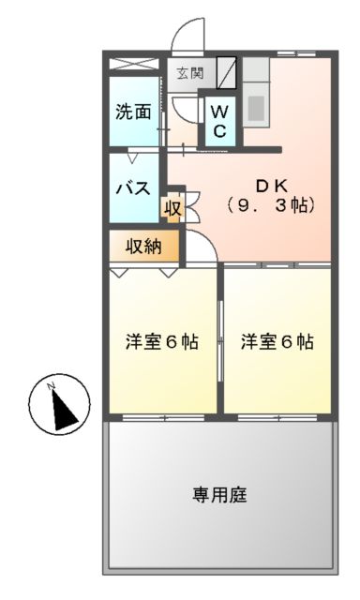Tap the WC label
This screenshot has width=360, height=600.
(x=217, y=121)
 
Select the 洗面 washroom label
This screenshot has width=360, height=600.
(x=133, y=112)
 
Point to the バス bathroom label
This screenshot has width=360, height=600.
(x=133, y=187)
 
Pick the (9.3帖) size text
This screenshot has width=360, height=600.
(x=270, y=203)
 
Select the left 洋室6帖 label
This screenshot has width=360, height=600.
(x=162, y=341)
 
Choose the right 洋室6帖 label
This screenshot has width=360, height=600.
(x=277, y=341)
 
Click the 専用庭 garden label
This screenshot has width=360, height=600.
(x=219, y=494)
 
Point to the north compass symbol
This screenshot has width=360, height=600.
(x=59, y=404)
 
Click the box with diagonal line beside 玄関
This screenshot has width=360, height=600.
(x=226, y=73)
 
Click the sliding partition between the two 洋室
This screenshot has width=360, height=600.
(x=221, y=341)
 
